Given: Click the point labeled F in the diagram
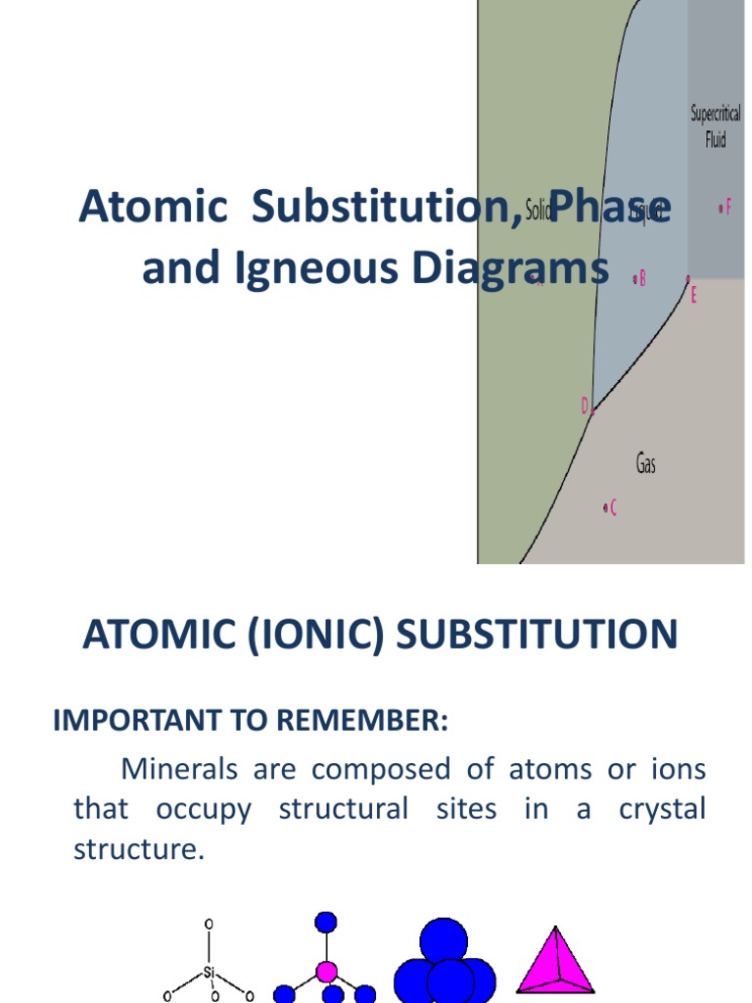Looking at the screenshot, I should [x=721, y=208].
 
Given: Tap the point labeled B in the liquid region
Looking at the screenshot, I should [x=635, y=279].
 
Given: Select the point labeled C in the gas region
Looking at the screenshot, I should [x=606, y=507].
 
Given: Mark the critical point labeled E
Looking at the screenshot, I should [x=688, y=280].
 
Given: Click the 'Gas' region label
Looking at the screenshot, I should [x=646, y=463].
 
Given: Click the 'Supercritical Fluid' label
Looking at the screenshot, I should [x=716, y=126].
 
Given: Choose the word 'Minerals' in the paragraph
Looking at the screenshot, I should [x=179, y=769].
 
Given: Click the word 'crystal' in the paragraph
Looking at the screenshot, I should [x=662, y=809].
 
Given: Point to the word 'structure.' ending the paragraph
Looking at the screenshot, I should [x=139, y=849].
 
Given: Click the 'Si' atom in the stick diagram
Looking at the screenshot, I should [x=209, y=973].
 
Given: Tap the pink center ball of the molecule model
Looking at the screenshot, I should [x=327, y=973].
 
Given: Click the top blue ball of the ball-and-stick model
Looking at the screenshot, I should [x=327, y=922].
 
